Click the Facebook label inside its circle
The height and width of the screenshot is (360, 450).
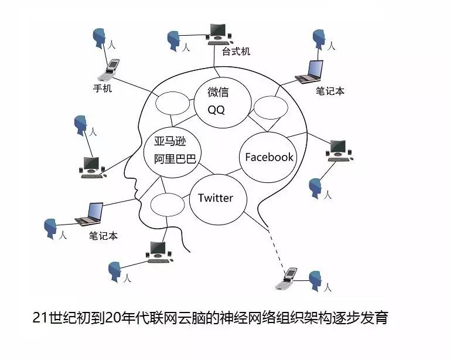[269, 157]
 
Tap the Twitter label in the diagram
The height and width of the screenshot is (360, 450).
[215, 198]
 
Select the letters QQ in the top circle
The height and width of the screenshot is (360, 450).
[216, 110]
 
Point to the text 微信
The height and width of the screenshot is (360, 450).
[218, 92]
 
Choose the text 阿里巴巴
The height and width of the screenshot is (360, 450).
[175, 158]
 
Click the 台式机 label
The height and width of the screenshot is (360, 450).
[236, 51]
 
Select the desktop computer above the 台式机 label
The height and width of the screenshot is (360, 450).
[217, 32]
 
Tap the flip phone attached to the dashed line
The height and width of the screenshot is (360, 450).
[288, 279]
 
